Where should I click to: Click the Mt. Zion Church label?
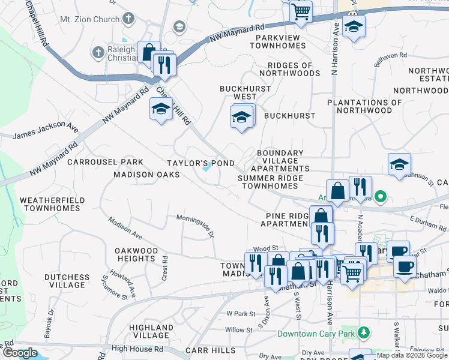pos(89,19)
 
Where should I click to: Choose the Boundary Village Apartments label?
pos(280,161)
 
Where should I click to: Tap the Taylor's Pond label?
pos(200,163)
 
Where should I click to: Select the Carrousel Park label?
pos(105,162)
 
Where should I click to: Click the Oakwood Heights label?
pos(137,254)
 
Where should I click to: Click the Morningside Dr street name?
pos(194,223)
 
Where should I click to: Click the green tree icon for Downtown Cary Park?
pos(363,332)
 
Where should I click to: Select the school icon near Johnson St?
pos(399,164)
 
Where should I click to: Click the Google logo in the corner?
pos(20,353)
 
